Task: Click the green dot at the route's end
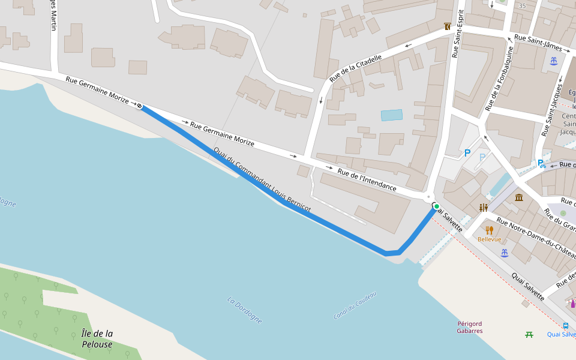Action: [x=437, y=206]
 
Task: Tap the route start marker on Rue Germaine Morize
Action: [x=139, y=106]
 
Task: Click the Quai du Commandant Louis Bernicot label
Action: [x=262, y=179]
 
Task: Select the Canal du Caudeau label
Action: [x=355, y=305]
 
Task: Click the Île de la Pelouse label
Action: [x=97, y=338]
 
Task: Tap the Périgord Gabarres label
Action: [x=469, y=327]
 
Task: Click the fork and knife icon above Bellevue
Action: [x=489, y=230]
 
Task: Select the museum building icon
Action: [x=518, y=197]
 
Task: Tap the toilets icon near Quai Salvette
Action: [x=484, y=208]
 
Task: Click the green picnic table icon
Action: [x=529, y=334]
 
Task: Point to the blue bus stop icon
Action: [x=566, y=326]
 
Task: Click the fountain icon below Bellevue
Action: [x=505, y=253]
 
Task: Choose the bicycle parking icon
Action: [x=542, y=163]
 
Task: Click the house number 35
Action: [x=522, y=6]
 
